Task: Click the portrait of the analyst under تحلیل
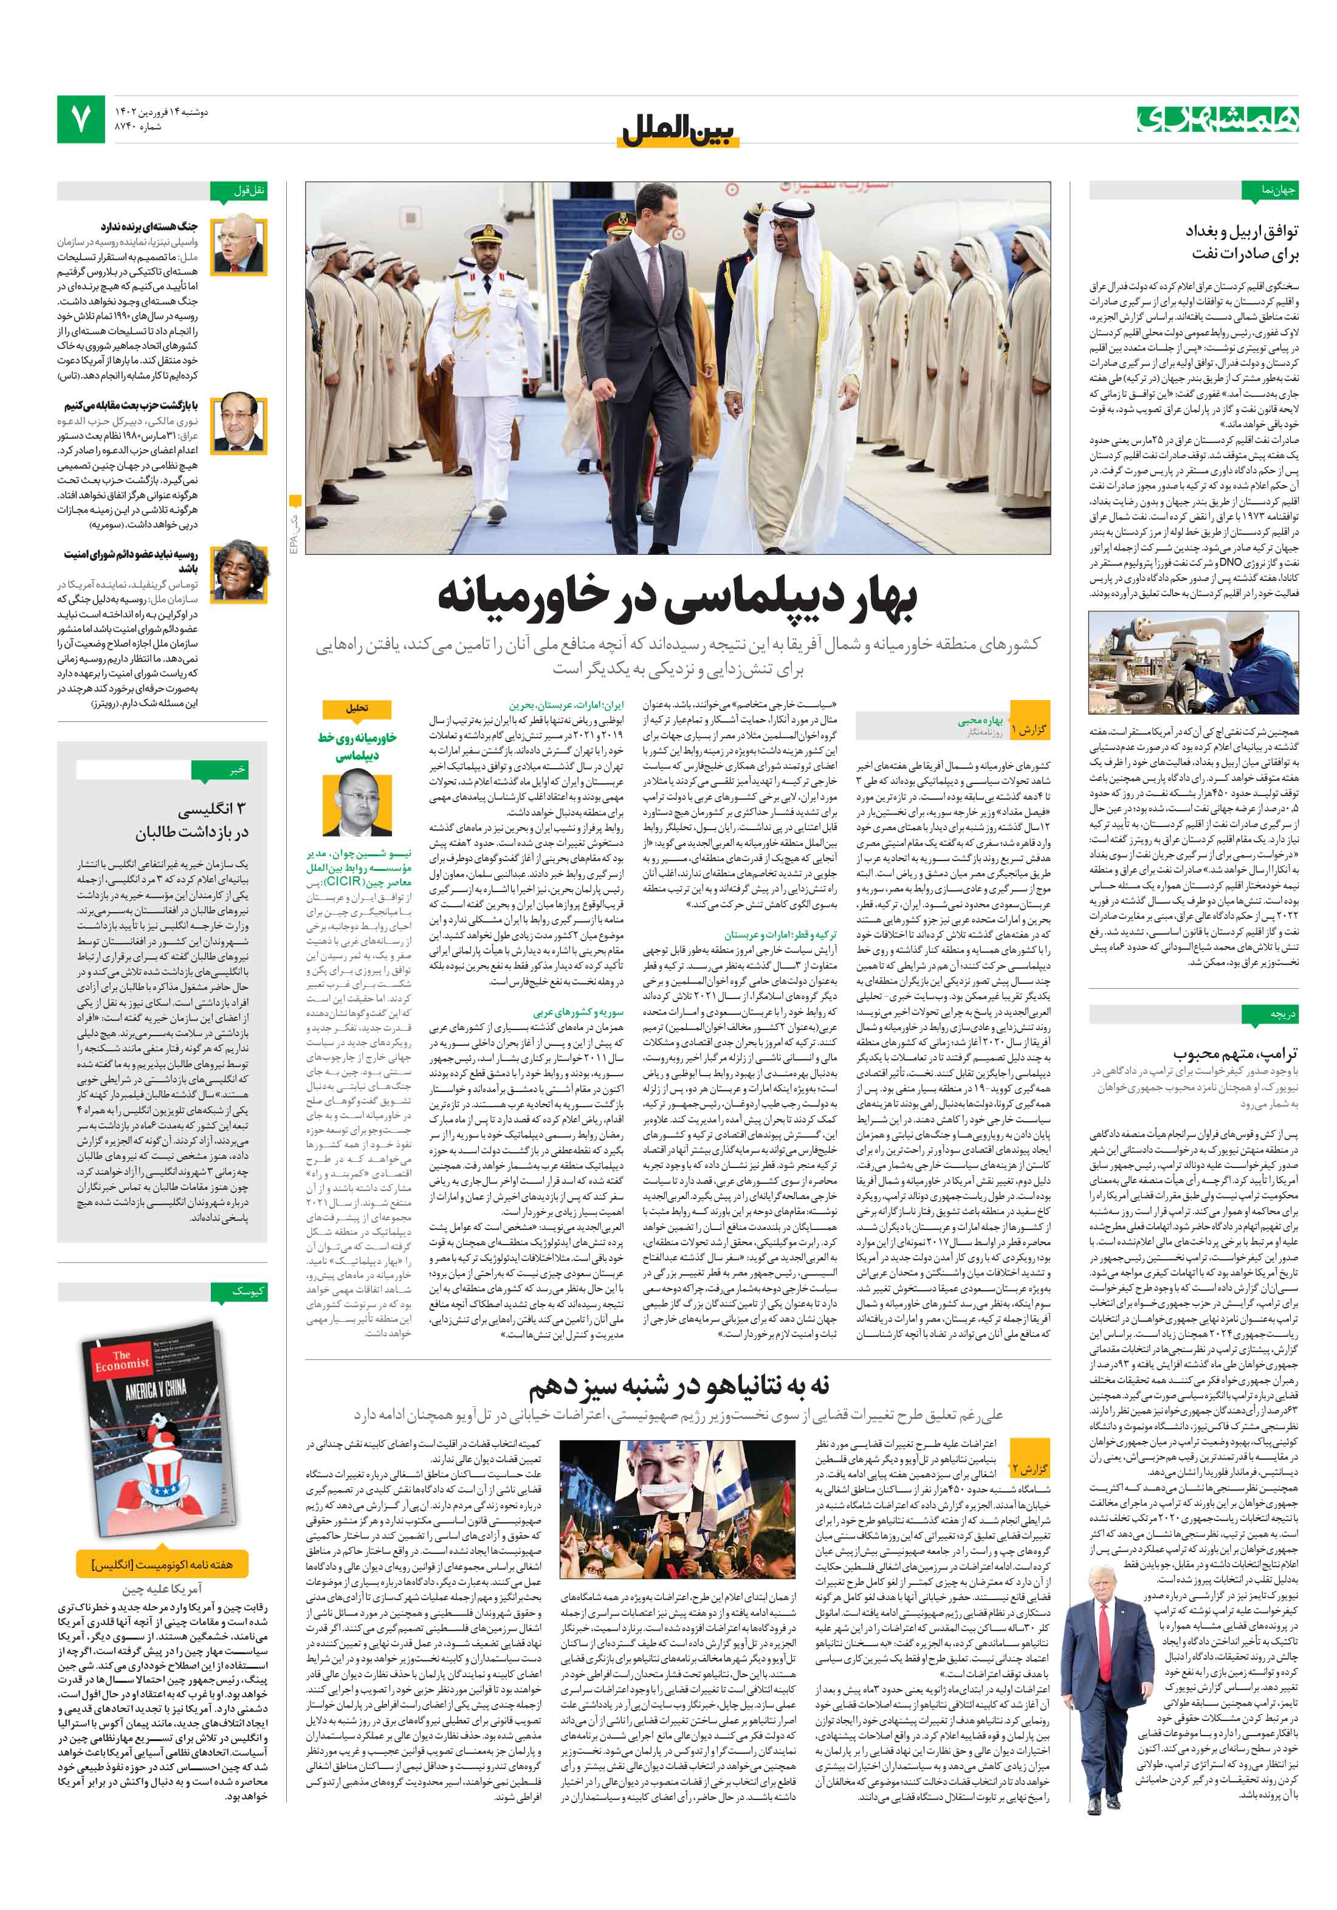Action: [x=357, y=803]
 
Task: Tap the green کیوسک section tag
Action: [x=238, y=1291]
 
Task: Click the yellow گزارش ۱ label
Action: [x=1028, y=730]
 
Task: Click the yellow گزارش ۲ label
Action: [x=1028, y=1468]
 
